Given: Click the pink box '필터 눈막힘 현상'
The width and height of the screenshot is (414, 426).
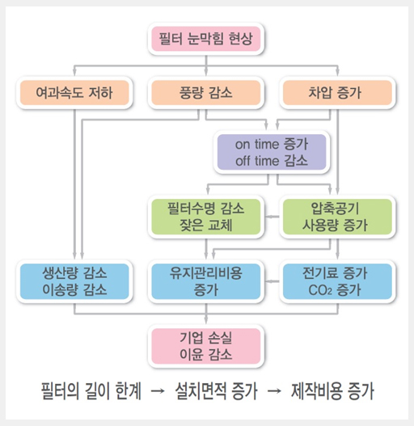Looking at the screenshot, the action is click(206, 39).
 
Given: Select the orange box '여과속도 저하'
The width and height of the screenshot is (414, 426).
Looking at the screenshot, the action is click(74, 93).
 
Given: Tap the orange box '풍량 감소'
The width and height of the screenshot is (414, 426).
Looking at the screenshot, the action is click(206, 93).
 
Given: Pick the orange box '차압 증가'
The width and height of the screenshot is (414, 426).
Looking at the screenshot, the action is click(337, 93).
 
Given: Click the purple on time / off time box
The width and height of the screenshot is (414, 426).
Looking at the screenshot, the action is click(272, 152).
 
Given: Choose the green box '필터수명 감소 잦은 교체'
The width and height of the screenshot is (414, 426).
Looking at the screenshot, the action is click(206, 217).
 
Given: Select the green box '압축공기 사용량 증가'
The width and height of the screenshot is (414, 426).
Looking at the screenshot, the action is click(337, 217).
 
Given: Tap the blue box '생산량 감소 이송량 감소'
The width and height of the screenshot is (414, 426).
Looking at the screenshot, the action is click(74, 281).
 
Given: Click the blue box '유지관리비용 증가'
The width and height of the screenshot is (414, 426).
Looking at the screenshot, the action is click(206, 281).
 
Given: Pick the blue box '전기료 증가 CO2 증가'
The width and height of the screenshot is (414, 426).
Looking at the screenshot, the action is click(337, 281).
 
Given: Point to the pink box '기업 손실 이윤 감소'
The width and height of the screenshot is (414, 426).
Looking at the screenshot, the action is click(206, 346).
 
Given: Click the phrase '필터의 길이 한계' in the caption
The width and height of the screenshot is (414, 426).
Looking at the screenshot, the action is click(91, 391).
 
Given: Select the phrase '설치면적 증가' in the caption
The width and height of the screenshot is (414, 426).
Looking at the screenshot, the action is click(216, 391).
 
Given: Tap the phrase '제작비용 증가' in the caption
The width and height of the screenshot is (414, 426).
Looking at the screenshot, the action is click(332, 391).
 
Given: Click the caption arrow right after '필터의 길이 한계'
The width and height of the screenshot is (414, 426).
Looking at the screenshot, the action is click(158, 391).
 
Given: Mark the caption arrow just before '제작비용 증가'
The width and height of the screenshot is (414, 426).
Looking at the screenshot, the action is click(274, 391).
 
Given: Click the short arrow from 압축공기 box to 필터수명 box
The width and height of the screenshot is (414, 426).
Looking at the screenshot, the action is click(272, 217).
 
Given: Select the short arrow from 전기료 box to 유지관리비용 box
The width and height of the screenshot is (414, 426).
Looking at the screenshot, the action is click(272, 281).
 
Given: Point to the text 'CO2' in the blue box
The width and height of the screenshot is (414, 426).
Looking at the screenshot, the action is click(320, 290).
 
